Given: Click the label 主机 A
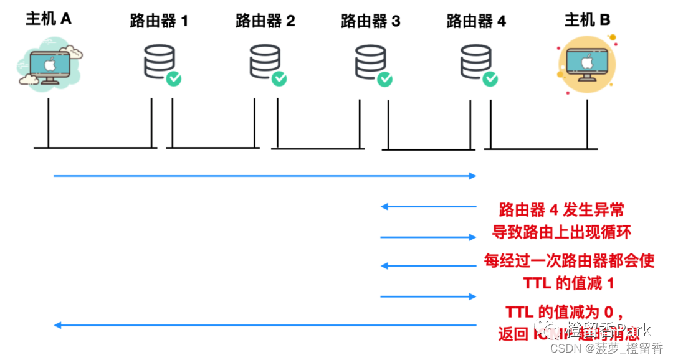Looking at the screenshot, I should point(49,19).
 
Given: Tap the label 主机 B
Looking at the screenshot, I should point(587,20).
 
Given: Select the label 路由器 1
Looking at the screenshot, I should point(159,21).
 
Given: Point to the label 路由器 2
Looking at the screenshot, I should point(265,21).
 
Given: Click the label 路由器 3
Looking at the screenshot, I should point(371,21).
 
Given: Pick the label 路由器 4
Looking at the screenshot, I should point(476,21).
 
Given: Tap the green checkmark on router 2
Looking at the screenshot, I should point(280,78).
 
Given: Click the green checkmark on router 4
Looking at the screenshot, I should point(491,78).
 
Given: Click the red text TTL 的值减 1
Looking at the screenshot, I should point(568,283).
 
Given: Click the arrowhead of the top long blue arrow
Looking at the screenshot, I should point(472,176).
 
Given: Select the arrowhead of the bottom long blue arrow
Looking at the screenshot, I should point(57,325).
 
